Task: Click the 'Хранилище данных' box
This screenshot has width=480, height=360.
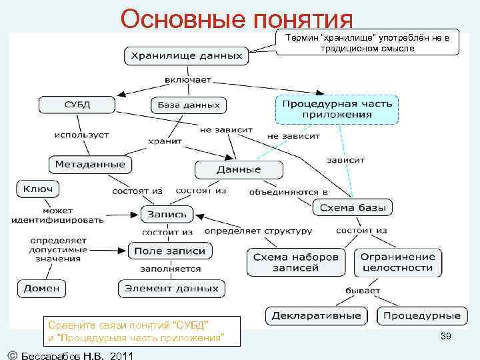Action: click(x=187, y=55)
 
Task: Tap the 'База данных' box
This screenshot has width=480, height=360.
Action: click(x=189, y=105)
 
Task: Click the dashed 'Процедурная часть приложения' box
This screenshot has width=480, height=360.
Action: click(x=337, y=109)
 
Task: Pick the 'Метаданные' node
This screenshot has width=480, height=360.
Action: click(x=90, y=164)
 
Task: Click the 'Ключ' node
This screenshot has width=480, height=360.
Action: click(x=38, y=189)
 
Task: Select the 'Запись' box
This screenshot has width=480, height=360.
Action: click(x=167, y=215)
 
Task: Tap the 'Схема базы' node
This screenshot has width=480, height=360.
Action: click(x=353, y=207)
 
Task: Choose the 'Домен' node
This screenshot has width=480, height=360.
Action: click(x=41, y=289)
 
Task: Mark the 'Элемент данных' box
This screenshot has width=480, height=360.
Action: click(x=172, y=289)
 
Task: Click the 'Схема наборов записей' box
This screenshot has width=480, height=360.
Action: click(x=297, y=262)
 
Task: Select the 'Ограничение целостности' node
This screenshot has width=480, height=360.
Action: click(x=398, y=262)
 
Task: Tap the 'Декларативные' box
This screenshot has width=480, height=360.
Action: click(x=317, y=315)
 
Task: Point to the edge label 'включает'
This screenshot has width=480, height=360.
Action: click(x=187, y=80)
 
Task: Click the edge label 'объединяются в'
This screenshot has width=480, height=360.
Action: click(x=289, y=192)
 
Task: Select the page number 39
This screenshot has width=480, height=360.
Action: click(x=445, y=337)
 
